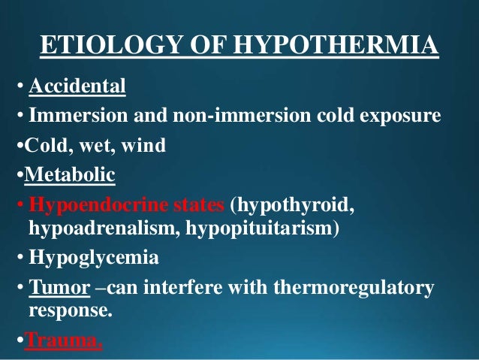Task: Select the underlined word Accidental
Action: (77, 89)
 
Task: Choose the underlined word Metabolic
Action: (70, 177)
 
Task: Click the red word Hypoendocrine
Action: (81, 205)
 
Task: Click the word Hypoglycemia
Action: (94, 259)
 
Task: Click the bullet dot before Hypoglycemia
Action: (20, 260)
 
